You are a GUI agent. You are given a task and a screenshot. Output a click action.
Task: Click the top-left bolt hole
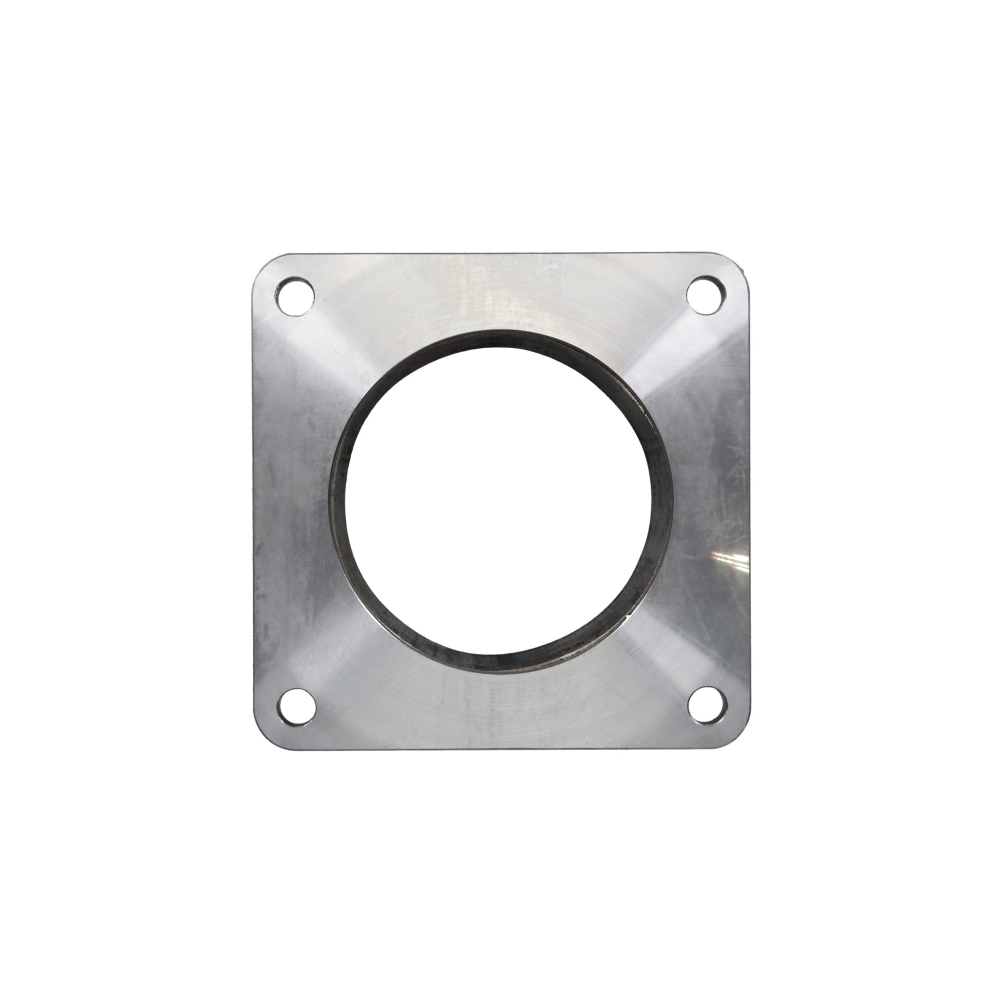click(295, 296)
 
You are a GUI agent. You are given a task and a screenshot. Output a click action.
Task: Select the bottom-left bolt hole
click(296, 706)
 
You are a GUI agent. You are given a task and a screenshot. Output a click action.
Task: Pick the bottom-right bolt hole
click(706, 705)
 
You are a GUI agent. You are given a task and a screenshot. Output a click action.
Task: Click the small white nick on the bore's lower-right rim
click(629, 617)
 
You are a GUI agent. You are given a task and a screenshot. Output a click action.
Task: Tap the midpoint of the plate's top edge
click(500, 254)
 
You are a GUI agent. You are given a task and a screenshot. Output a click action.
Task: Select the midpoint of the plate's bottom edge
click(500, 748)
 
